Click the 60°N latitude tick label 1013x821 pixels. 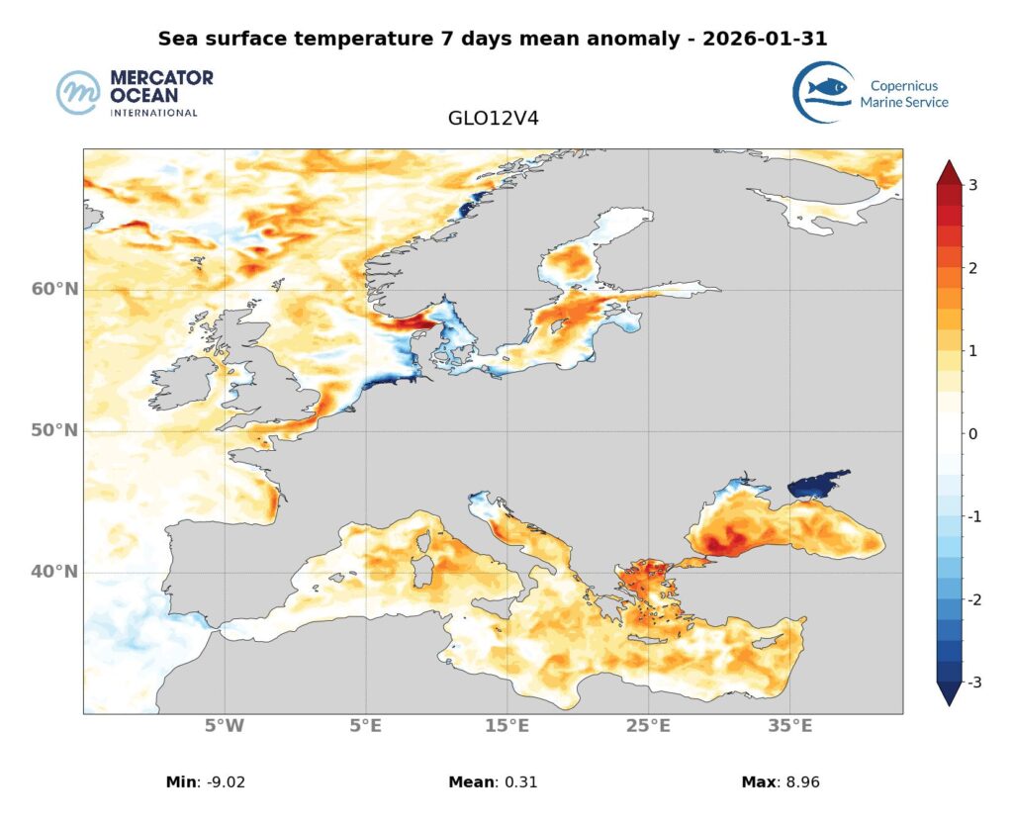click(x=55, y=289)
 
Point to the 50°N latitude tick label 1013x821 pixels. click(x=55, y=430)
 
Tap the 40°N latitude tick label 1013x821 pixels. click(x=55, y=572)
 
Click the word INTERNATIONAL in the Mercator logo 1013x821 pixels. click(x=153, y=113)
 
